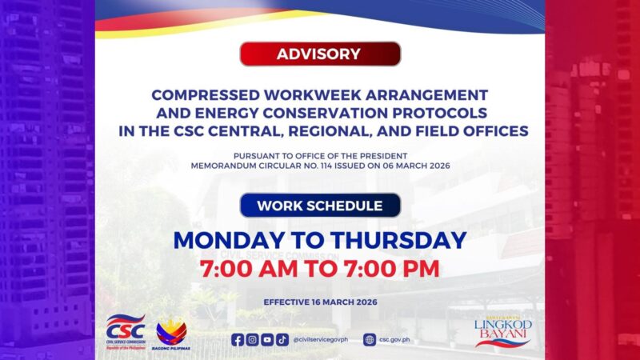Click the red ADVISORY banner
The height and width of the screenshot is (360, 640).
320,54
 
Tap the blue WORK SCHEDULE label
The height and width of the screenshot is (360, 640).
320,206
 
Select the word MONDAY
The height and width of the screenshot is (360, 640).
229,240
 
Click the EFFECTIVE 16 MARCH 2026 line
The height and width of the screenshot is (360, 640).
320,302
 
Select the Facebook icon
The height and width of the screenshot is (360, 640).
238,339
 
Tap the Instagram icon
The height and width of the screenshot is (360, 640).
252,339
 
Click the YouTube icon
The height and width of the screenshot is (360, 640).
267,339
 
